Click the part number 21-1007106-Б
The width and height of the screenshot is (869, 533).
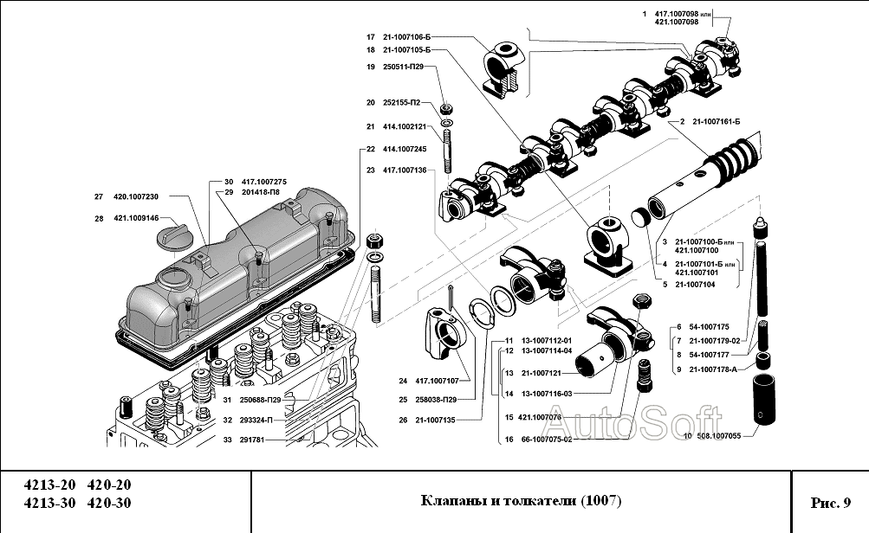pyautogui.click(x=406, y=37)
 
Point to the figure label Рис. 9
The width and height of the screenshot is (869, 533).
pyautogui.click(x=830, y=502)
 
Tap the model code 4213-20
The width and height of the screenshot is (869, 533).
pyautogui.click(x=45, y=485)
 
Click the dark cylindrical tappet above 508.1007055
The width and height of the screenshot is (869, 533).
pyautogui.click(x=762, y=397)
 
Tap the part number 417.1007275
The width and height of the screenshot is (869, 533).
pyautogui.click(x=264, y=181)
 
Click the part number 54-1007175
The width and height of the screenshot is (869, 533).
pyautogui.click(x=711, y=326)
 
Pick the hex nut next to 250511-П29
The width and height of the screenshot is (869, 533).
pyautogui.click(x=447, y=109)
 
